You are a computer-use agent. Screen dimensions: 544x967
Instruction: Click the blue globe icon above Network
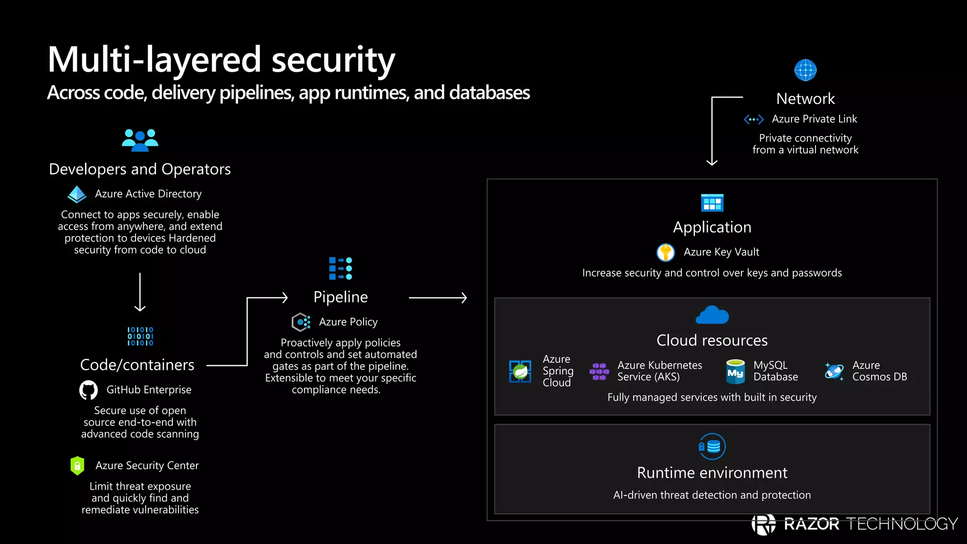coord(806,70)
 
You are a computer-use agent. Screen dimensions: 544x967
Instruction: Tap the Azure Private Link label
coord(814,119)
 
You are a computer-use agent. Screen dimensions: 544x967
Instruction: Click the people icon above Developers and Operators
coord(140,140)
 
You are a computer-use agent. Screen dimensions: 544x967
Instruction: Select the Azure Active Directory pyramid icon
coord(77,194)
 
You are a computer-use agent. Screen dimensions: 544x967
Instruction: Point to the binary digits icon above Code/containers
coord(140,336)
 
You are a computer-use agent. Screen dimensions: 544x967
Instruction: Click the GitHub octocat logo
coord(88,390)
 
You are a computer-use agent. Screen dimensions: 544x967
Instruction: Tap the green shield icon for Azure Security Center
coord(77,466)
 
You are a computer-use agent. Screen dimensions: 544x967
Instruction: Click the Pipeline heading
coord(340,297)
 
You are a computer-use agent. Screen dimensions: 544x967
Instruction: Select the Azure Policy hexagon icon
coord(301,322)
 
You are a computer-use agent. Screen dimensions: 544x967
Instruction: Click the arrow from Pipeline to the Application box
coord(438,297)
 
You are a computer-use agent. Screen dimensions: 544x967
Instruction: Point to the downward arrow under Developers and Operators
coord(140,292)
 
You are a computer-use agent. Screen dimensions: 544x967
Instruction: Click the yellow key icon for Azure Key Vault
coord(665,252)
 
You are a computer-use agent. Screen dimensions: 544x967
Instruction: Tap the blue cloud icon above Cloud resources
coord(712,315)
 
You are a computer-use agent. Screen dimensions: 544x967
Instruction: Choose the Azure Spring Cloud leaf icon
coord(520,371)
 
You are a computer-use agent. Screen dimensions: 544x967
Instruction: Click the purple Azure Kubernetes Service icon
coord(599,371)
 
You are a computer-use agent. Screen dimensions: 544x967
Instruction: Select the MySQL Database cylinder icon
coord(735,372)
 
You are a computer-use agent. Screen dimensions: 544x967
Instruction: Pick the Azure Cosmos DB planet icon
coord(834,371)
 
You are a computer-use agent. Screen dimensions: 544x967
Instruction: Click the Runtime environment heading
coord(712,473)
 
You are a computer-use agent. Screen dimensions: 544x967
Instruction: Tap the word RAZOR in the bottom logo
coord(811,524)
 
